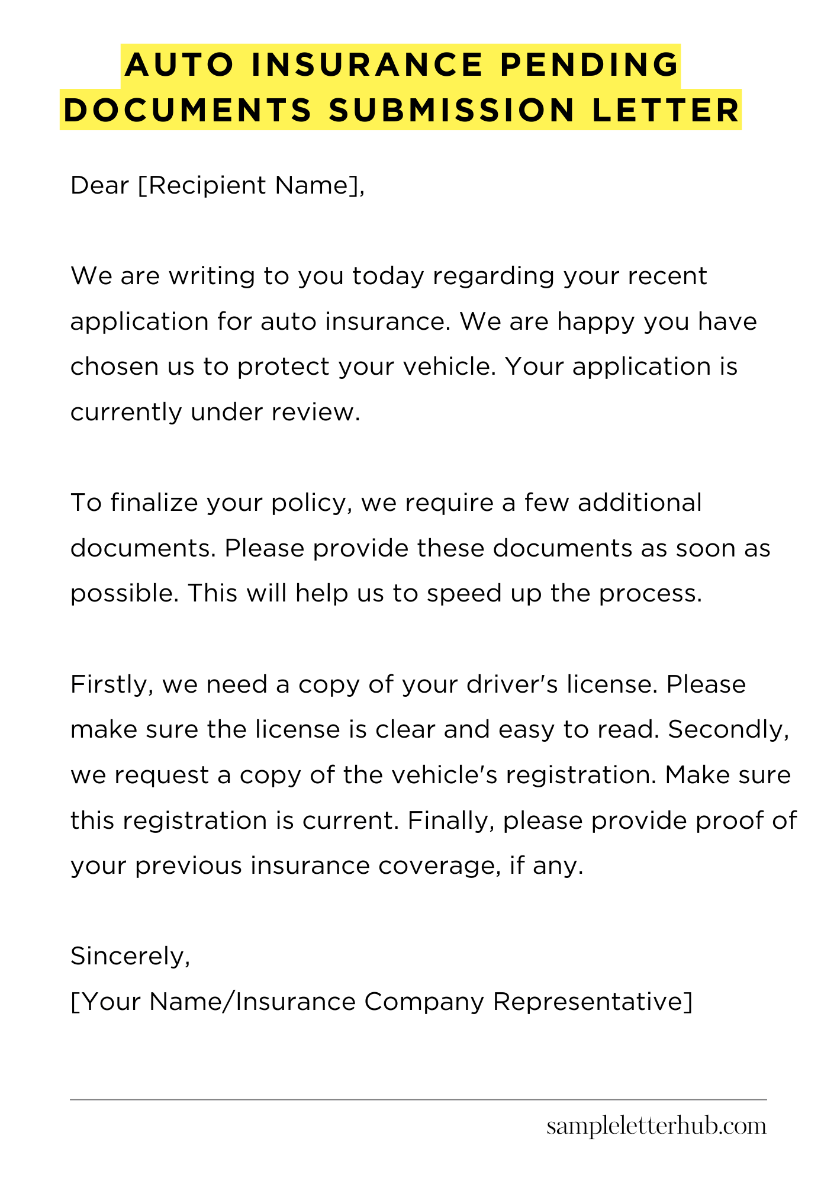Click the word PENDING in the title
[589, 65]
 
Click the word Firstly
[112, 684]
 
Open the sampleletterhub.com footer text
[656, 1126]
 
